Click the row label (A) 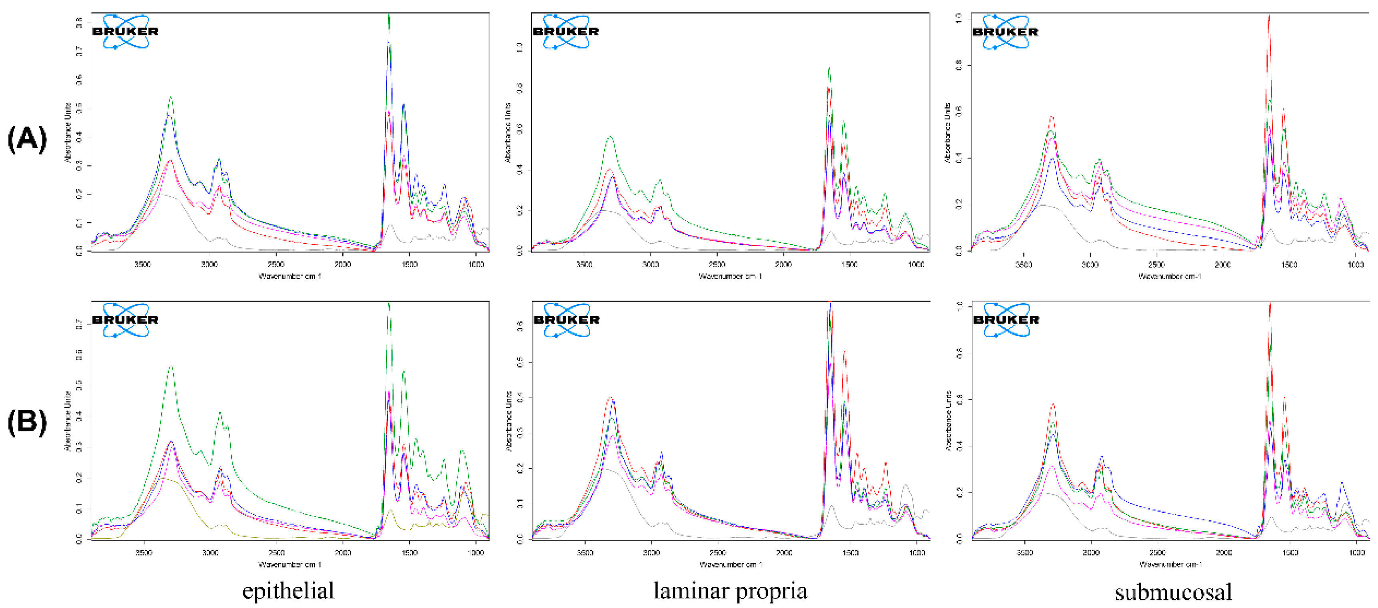27,139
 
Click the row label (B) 27,422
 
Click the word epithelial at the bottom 288,591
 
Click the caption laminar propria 730,591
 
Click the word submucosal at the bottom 1173,592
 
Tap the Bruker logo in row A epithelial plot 126,32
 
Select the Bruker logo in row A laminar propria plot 566,32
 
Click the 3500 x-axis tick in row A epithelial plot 143,264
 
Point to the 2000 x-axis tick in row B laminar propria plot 784,552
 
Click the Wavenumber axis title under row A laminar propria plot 730,276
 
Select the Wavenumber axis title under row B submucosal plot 1170,564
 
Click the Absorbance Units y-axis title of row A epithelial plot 68,133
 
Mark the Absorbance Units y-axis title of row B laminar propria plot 509,421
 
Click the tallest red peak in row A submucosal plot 1268,17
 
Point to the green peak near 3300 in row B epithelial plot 171,368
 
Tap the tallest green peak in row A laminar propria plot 829,68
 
